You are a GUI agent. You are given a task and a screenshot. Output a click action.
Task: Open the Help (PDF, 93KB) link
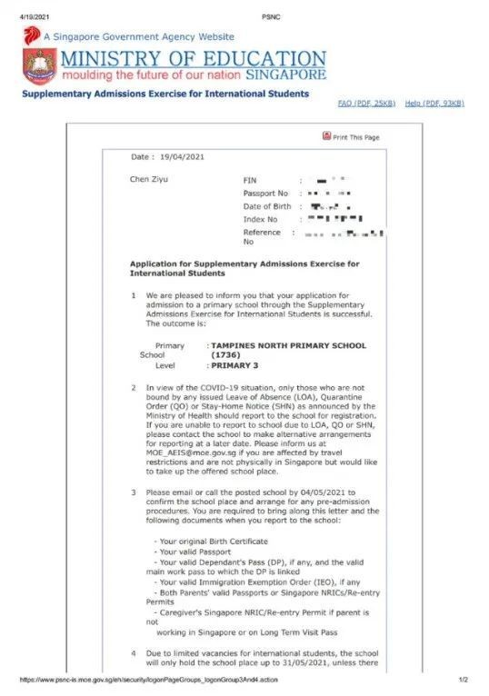tap(434, 104)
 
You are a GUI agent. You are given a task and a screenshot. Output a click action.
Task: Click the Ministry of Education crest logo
tap(39, 66)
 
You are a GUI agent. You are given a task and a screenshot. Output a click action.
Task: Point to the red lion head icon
tap(32, 35)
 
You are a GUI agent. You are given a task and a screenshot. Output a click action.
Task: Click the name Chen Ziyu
tap(149, 179)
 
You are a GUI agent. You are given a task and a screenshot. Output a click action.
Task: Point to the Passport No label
tap(265, 194)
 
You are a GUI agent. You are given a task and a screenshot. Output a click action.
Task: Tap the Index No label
tap(260, 219)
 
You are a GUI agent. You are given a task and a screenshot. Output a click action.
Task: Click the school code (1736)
tap(225, 355)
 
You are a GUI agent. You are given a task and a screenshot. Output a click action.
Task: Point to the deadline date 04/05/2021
tap(326, 492)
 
